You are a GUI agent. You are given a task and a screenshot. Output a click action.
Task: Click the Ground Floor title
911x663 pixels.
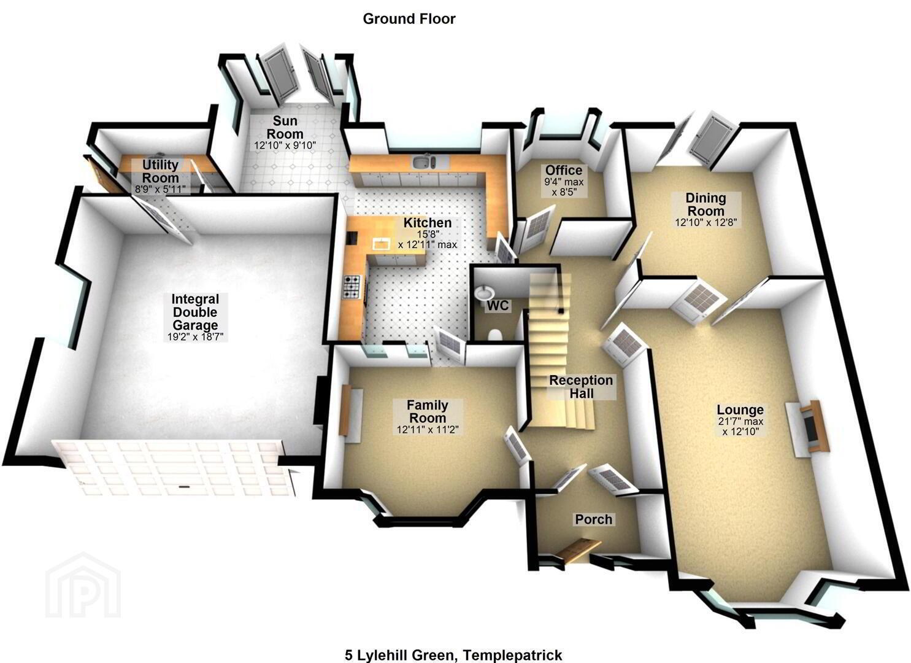tap(409, 18)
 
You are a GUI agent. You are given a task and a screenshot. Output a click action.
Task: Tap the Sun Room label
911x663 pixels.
tap(285, 127)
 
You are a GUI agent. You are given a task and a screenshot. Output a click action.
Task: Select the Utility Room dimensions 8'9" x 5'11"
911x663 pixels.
tap(160, 189)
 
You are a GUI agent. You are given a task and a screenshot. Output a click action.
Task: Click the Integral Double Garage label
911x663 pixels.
tap(195, 312)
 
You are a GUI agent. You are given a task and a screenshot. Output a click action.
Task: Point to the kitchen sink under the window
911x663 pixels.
tap(425, 161)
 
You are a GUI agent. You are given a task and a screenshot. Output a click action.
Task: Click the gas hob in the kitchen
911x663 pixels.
tap(352, 287)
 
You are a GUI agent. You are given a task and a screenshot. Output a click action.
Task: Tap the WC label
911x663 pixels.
tap(498, 306)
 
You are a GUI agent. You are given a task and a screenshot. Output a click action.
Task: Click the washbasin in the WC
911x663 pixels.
tap(484, 293)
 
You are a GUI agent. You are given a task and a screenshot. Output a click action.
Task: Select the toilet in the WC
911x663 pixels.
tap(494, 335)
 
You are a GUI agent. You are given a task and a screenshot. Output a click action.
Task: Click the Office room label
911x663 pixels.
tap(564, 170)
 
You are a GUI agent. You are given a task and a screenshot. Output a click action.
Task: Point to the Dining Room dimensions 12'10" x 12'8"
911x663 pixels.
tap(705, 223)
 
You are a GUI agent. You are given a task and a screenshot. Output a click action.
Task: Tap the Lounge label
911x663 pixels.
tap(740, 409)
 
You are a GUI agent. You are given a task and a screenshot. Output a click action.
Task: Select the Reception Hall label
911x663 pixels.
tap(581, 387)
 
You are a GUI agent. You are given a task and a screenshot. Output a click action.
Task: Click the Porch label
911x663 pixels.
tap(593, 519)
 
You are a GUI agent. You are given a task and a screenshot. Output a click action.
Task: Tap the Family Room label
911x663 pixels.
tap(428, 411)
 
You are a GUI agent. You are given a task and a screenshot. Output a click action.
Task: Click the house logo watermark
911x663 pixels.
tap(83, 586)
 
